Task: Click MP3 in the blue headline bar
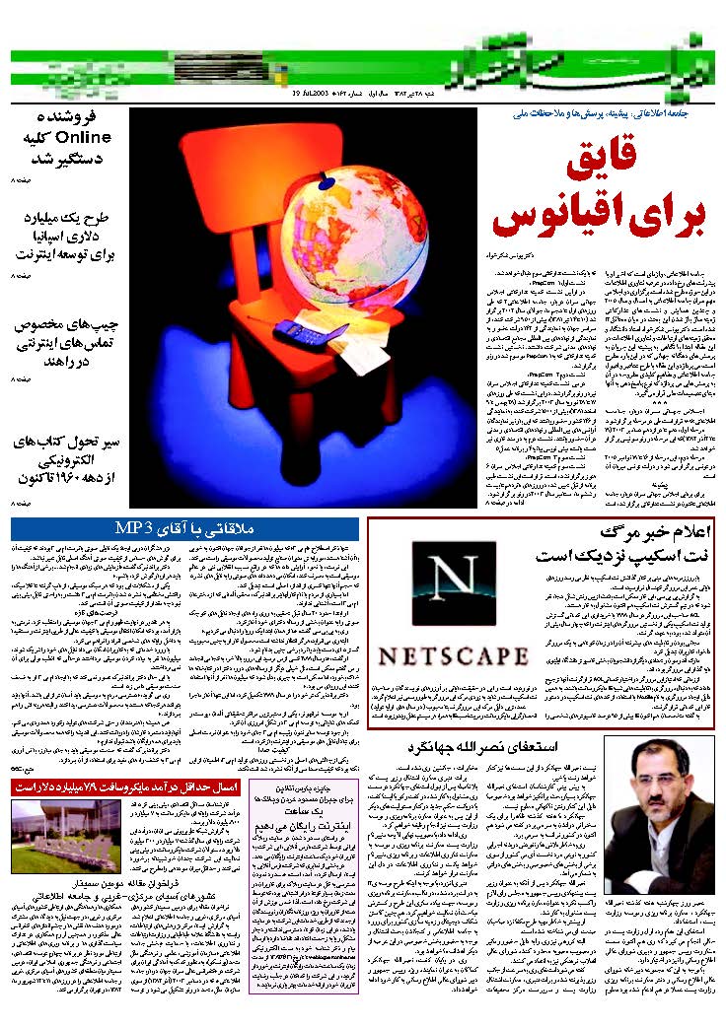134,523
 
